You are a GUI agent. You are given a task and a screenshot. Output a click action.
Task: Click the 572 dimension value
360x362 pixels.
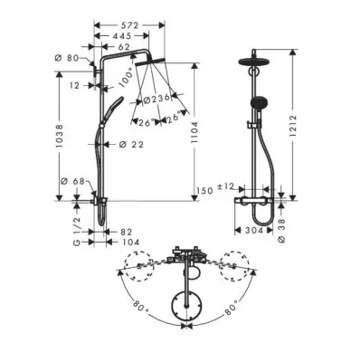click(x=130, y=25)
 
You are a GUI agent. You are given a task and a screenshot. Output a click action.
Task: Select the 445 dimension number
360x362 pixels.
click(x=121, y=36)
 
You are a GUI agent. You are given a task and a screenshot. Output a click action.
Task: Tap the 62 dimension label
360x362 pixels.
click(x=123, y=47)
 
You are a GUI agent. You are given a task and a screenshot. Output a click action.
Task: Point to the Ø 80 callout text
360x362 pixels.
click(x=67, y=58)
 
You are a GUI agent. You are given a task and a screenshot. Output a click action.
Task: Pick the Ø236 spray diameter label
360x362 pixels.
click(x=156, y=100)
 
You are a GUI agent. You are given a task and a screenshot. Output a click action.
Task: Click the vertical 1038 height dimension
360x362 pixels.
click(x=60, y=136)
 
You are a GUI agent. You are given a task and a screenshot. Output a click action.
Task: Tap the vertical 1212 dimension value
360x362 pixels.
click(x=293, y=126)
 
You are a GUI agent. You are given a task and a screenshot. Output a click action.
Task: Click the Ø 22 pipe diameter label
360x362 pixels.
click(x=131, y=145)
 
